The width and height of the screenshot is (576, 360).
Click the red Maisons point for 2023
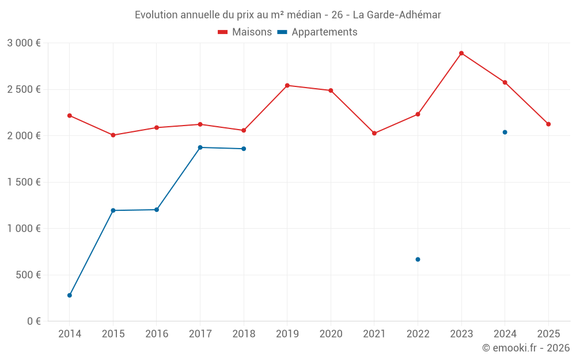(x=461, y=53)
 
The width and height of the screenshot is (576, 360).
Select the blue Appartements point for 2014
(x=70, y=295)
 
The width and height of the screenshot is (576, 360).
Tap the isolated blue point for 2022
(x=418, y=259)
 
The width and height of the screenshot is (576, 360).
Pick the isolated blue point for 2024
(x=505, y=132)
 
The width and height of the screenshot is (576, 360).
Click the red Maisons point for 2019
(x=287, y=85)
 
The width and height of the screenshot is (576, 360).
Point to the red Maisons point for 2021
(x=374, y=133)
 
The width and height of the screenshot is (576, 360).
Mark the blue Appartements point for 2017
(x=200, y=147)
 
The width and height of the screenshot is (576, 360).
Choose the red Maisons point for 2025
(x=548, y=124)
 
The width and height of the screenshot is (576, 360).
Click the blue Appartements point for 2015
(x=113, y=210)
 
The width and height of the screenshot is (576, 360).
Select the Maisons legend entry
(x=245, y=32)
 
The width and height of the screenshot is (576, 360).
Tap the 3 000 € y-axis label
(x=24, y=43)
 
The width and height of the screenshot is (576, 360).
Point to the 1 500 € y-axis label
(x=24, y=182)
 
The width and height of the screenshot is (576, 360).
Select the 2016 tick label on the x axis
(x=157, y=334)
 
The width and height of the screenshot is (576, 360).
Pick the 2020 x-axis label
(x=331, y=334)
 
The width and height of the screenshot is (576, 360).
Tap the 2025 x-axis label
(x=548, y=334)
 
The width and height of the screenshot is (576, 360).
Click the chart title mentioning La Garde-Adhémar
(x=288, y=15)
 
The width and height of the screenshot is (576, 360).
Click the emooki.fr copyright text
(x=526, y=348)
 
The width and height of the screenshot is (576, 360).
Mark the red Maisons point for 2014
(x=70, y=115)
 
